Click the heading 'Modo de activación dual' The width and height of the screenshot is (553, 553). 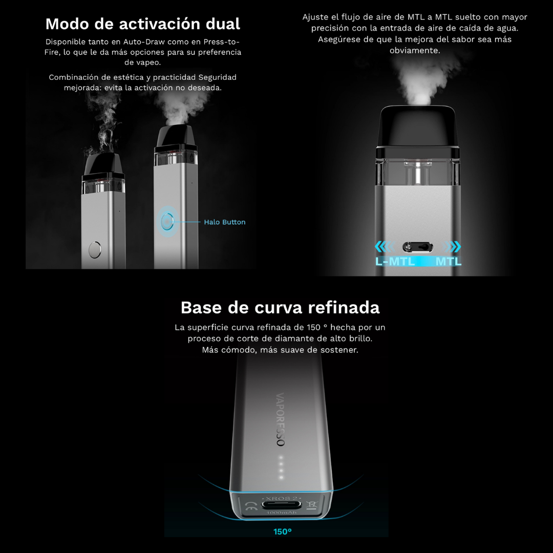pyautogui.click(x=143, y=24)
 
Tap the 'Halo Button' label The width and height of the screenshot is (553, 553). pyautogui.click(x=225, y=222)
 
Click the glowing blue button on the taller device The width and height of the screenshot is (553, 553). pyautogui.click(x=167, y=222)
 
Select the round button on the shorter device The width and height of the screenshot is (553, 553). pyautogui.click(x=95, y=250)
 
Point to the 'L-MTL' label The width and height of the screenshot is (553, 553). pyautogui.click(x=395, y=261)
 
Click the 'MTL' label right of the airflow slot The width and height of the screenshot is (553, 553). pyautogui.click(x=448, y=261)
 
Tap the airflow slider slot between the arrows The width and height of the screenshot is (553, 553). pyautogui.click(x=418, y=247)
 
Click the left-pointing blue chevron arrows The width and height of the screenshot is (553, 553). pyautogui.click(x=385, y=246)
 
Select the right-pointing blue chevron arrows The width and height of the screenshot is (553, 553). pyautogui.click(x=452, y=246)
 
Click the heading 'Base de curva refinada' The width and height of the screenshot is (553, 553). pyautogui.click(x=280, y=308)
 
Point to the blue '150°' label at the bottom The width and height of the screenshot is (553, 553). pyautogui.click(x=283, y=531)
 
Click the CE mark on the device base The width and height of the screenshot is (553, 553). pyautogui.click(x=251, y=506)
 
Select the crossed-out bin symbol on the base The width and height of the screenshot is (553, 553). pyautogui.click(x=311, y=505)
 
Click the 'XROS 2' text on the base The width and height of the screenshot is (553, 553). pyautogui.click(x=282, y=498)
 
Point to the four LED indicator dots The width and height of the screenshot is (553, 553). pyautogui.click(x=281, y=467)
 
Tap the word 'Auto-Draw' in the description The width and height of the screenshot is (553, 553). pyautogui.click(x=144, y=42)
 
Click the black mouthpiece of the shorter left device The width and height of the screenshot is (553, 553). pyautogui.click(x=103, y=164)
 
